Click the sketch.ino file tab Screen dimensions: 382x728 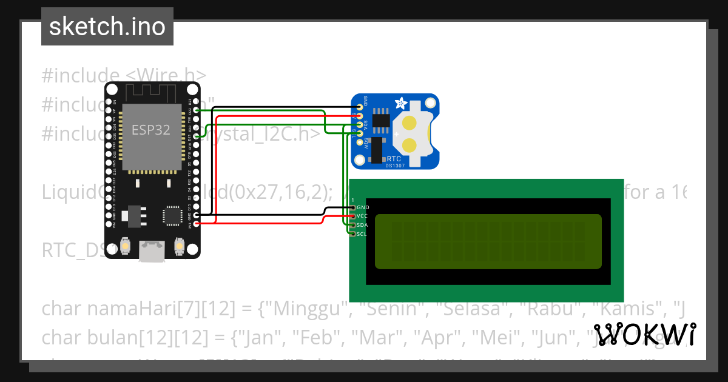click(107, 27)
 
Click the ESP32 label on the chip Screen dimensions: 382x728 click(151, 129)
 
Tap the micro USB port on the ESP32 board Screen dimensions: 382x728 click(152, 251)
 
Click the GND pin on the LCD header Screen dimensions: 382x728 click(352, 207)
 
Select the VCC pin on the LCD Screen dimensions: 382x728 click(352, 216)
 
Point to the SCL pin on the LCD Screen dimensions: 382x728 click(352, 233)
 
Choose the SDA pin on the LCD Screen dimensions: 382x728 click(352, 225)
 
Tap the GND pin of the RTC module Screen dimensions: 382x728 click(360, 107)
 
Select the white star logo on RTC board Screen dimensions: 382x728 click(401, 104)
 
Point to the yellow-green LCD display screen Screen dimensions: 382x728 click(488, 241)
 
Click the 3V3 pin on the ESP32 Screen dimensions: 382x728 click(197, 224)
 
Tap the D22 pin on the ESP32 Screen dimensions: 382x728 click(197, 110)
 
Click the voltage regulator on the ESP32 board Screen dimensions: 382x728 click(133, 215)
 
